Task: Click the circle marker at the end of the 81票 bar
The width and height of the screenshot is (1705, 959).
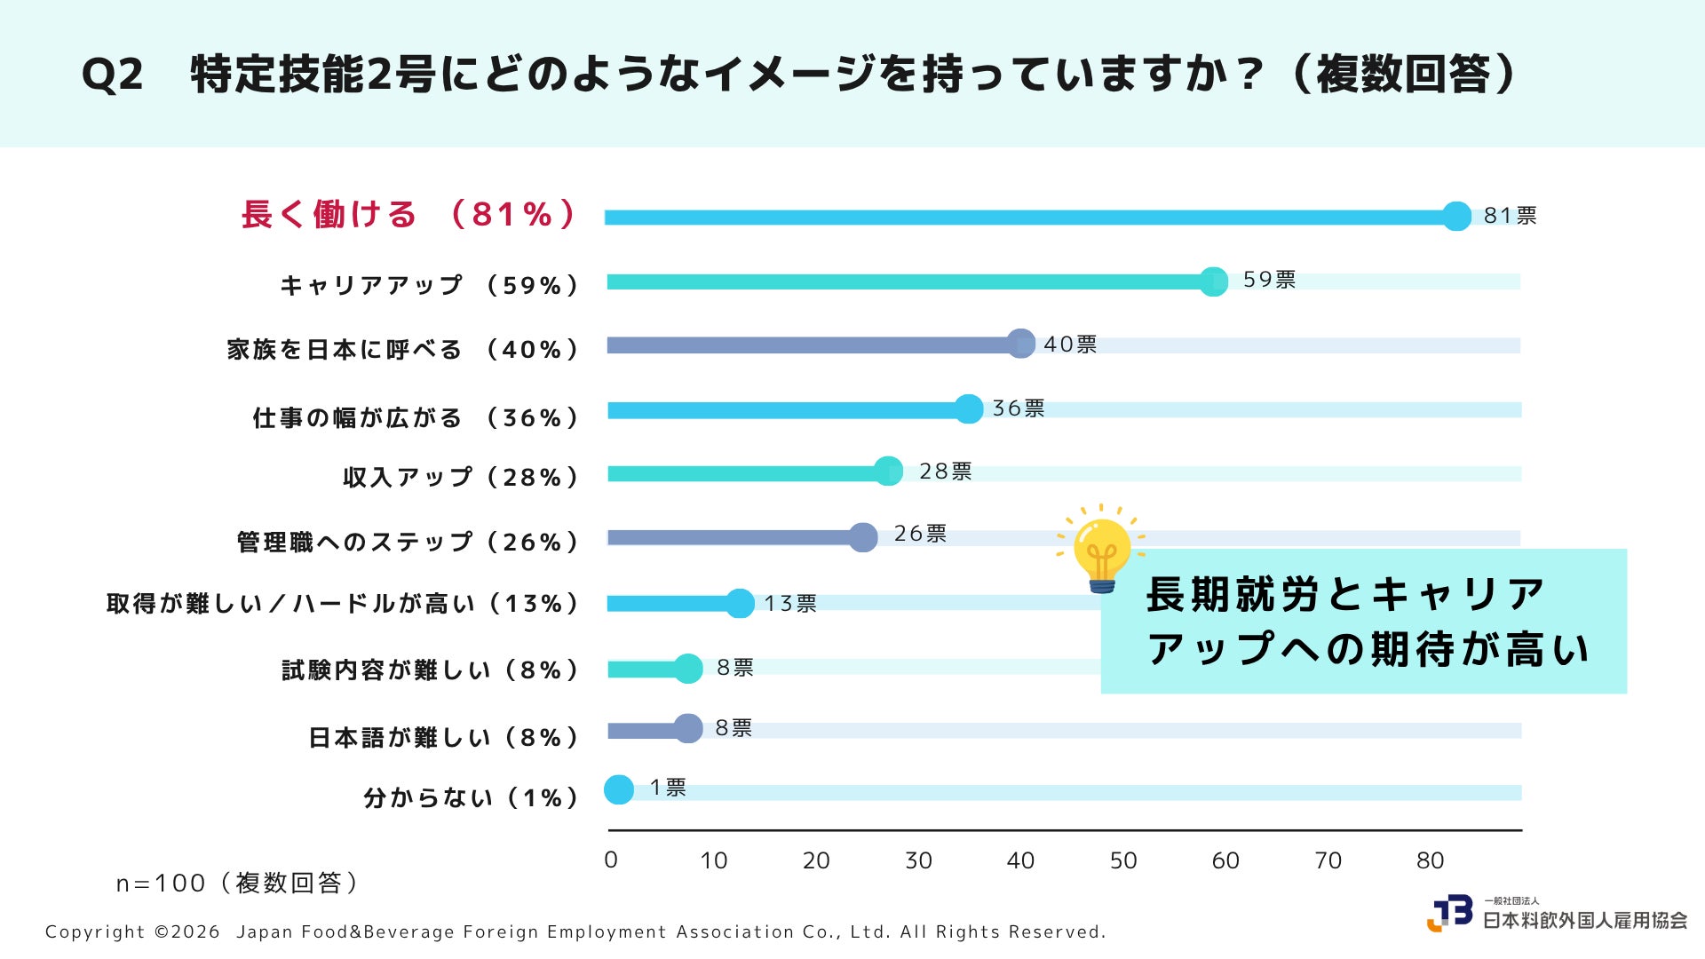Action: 1456,216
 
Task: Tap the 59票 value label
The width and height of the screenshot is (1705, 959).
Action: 1269,280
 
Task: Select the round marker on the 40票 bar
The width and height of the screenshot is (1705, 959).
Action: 1021,344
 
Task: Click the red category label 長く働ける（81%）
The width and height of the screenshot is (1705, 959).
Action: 409,215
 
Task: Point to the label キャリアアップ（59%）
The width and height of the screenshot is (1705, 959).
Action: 430,285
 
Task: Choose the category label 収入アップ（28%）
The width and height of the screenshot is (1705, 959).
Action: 461,477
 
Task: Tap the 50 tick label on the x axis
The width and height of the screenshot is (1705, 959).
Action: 1123,860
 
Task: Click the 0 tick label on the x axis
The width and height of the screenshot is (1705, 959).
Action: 611,860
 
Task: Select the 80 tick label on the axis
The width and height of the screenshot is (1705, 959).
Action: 1430,860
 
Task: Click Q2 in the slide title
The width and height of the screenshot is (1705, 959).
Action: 112,75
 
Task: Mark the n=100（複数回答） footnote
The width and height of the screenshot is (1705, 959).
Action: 238,883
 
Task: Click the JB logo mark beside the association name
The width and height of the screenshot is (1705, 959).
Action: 1449,913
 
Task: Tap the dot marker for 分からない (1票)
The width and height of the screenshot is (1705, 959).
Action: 619,789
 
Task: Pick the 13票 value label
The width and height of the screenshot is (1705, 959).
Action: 790,604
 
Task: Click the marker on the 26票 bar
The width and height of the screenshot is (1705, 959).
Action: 863,537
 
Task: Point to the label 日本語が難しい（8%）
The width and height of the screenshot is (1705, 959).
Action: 444,737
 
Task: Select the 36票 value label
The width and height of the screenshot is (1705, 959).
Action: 1019,408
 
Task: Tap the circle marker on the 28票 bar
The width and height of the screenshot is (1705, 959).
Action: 888,472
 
